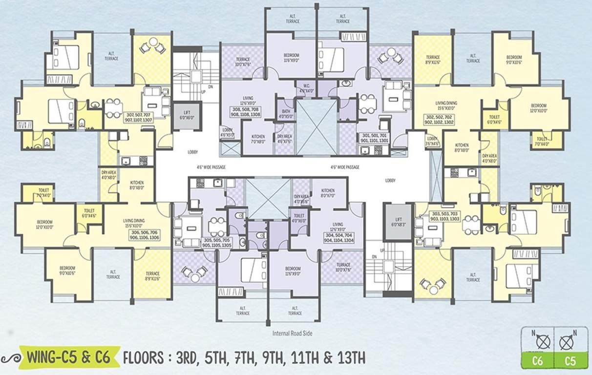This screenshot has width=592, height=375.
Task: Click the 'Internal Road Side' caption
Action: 293,333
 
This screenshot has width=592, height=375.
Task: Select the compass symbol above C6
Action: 540,340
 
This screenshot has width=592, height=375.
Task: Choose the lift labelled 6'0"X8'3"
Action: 396,222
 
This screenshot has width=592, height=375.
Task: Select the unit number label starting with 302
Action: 439,120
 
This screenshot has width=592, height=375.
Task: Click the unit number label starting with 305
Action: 217,243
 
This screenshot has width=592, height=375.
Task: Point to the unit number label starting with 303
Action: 444,217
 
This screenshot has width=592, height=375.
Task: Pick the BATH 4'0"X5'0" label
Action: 285,114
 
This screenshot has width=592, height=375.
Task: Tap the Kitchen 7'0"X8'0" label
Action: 257,139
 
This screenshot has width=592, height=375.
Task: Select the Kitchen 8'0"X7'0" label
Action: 328,192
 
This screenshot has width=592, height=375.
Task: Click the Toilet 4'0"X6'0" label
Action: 299,217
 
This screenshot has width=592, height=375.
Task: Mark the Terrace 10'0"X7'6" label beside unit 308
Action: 243,62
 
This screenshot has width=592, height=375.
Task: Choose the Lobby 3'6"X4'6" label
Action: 432,141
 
